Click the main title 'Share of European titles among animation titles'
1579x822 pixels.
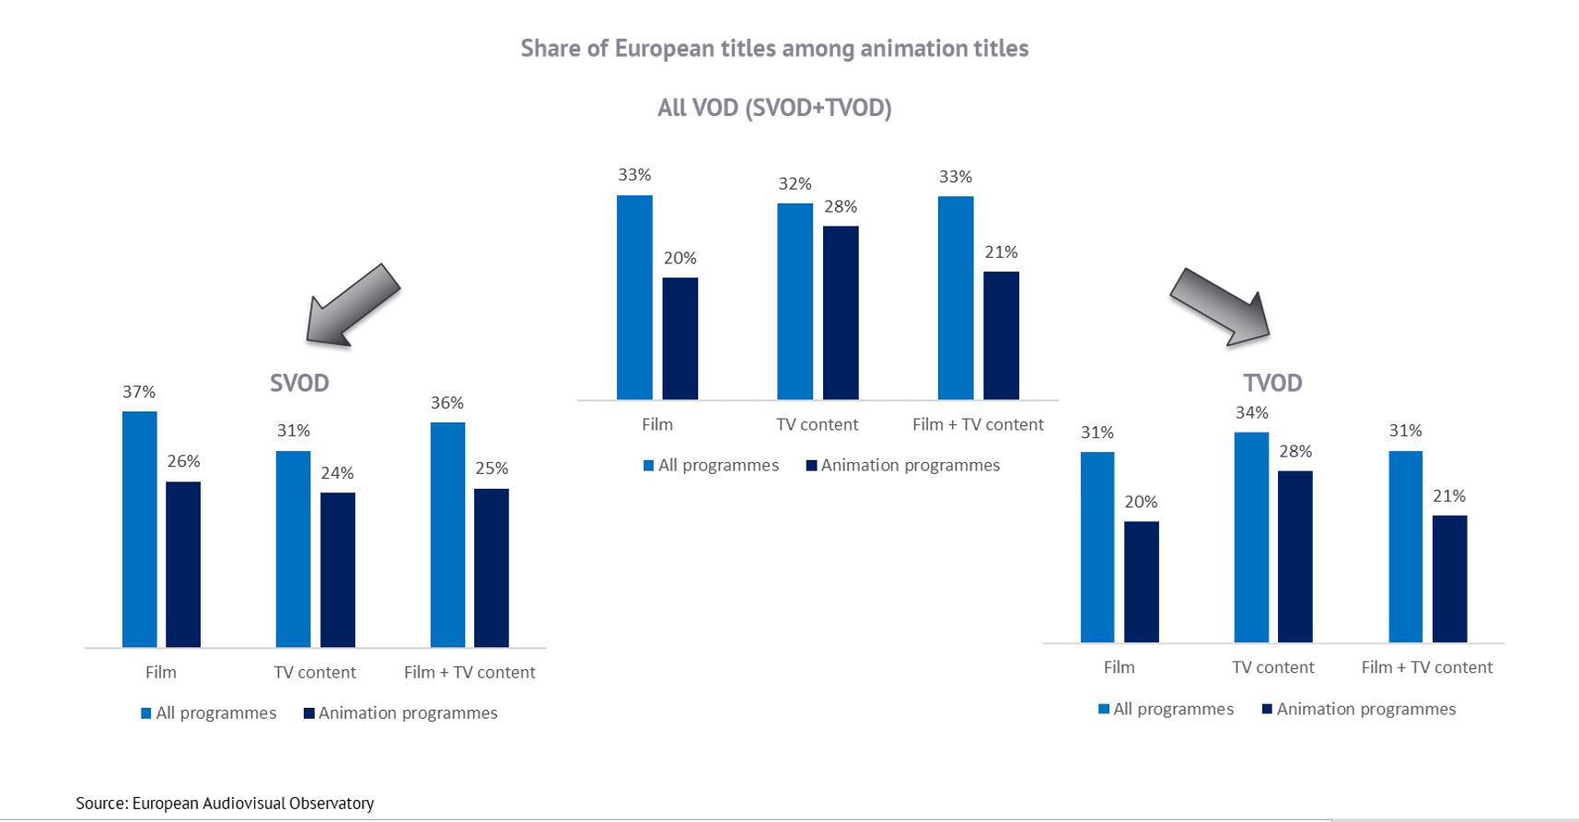(x=774, y=48)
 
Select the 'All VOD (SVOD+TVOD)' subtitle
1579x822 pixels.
(x=774, y=108)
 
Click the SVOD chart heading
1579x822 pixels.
(x=299, y=383)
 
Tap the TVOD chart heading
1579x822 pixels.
(x=1272, y=383)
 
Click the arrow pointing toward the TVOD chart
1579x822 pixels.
(x=1221, y=307)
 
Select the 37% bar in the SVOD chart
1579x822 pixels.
(x=139, y=529)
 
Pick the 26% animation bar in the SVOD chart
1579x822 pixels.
(x=183, y=563)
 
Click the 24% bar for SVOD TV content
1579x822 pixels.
(x=337, y=569)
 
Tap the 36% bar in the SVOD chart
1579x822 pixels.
(x=447, y=534)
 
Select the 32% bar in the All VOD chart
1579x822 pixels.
(x=795, y=301)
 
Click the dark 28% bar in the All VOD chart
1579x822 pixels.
(x=841, y=312)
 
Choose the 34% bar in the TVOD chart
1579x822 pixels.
(x=1251, y=537)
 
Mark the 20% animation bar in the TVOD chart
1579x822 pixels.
(x=1142, y=581)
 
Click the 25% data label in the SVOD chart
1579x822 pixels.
(x=492, y=469)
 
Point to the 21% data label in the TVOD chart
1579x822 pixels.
(x=1449, y=496)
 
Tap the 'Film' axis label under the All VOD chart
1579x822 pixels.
(x=657, y=424)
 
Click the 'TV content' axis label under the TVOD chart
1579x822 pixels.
(x=1273, y=667)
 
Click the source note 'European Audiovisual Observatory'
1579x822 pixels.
(x=225, y=804)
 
